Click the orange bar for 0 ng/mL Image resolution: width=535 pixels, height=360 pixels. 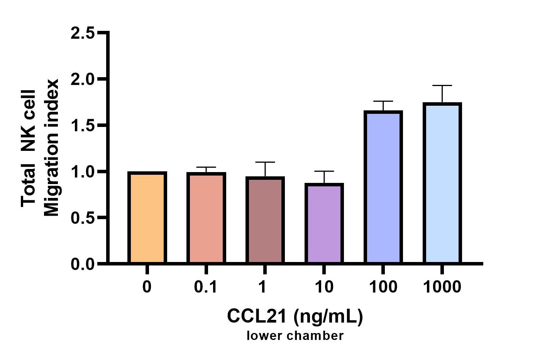(x=147, y=218)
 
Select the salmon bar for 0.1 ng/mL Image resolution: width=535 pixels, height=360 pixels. (x=206, y=218)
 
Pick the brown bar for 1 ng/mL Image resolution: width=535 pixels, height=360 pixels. (x=265, y=220)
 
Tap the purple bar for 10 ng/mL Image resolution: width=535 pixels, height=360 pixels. (x=324, y=224)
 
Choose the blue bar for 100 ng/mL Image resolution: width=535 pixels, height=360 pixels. (x=383, y=188)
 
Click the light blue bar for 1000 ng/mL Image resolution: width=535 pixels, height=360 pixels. (x=442, y=184)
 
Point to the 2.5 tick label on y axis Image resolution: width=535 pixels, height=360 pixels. (x=83, y=33)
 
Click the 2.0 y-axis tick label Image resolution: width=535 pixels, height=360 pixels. (x=83, y=79)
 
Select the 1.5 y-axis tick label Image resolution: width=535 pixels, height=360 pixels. (x=83, y=125)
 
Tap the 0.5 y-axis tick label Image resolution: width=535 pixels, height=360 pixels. (x=83, y=218)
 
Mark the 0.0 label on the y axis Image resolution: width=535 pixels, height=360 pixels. (x=83, y=264)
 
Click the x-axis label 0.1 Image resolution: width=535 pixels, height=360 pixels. (x=206, y=287)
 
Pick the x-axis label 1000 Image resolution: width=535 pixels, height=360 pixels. (x=442, y=287)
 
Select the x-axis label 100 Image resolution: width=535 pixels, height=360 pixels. (x=383, y=287)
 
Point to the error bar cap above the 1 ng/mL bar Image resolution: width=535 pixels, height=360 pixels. (x=265, y=162)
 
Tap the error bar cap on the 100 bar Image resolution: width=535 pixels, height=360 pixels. (x=383, y=101)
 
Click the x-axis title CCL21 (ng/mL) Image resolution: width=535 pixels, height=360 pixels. (x=295, y=316)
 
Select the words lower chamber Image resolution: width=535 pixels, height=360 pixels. (x=295, y=336)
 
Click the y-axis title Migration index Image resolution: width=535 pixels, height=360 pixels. (x=51, y=148)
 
